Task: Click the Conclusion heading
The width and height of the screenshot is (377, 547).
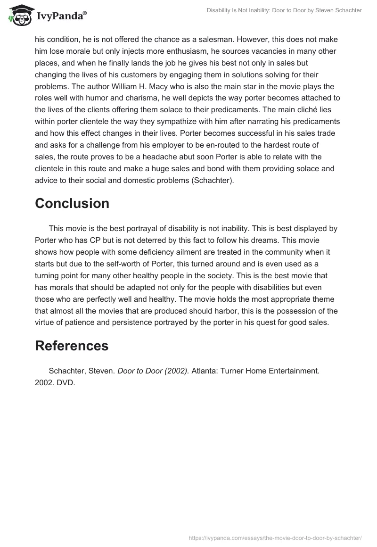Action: pyautogui.click(x=72, y=203)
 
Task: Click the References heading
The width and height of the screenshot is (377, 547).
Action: pyautogui.click(x=72, y=346)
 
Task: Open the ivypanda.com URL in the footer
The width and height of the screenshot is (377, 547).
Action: pyautogui.click(x=275, y=537)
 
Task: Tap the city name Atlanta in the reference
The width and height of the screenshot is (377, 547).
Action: pyautogui.click(x=205, y=371)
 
